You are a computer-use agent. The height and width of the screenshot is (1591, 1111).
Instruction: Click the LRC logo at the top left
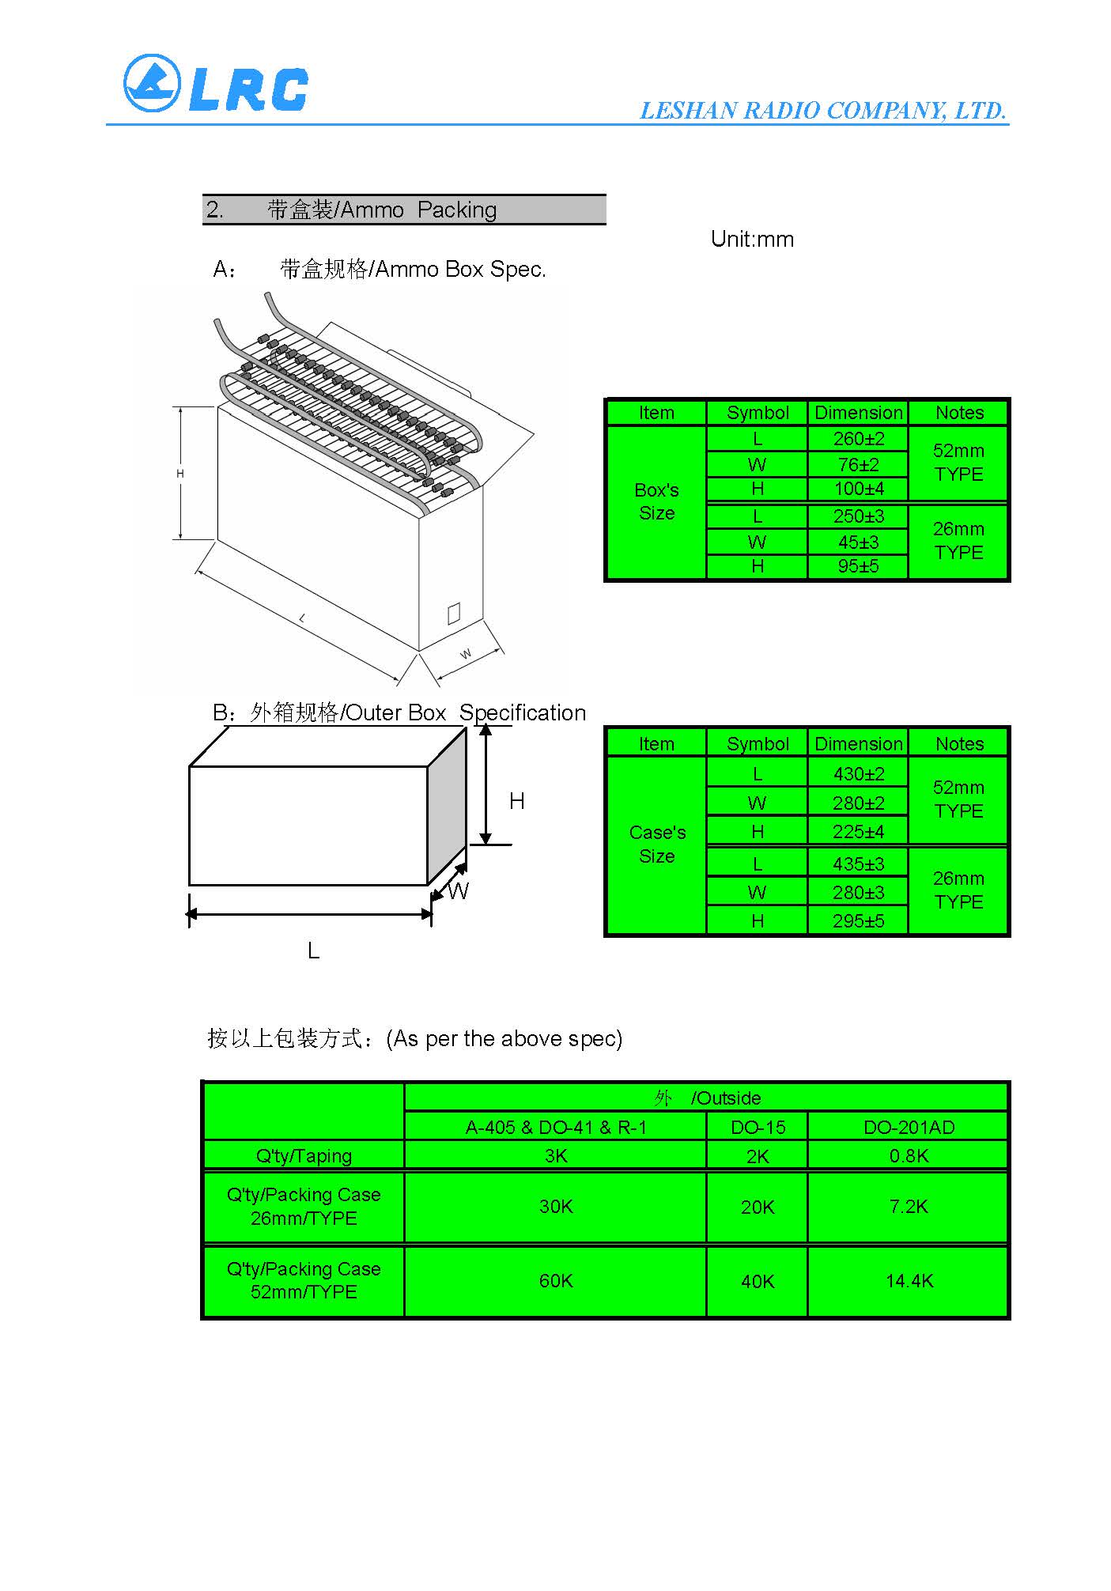(215, 84)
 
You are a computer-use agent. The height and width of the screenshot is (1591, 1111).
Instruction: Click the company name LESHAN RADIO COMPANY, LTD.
(822, 111)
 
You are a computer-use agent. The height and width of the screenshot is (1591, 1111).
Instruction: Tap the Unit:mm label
(752, 240)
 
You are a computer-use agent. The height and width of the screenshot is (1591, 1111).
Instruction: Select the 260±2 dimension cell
(858, 439)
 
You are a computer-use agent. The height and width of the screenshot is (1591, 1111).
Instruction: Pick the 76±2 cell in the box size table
(858, 464)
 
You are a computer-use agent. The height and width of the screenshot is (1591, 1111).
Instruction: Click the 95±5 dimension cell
(858, 566)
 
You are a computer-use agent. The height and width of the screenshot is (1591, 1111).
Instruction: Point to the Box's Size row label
(656, 501)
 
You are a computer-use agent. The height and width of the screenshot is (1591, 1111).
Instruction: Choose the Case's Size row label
(656, 844)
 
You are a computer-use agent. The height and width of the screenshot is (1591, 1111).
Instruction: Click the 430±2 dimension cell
(858, 774)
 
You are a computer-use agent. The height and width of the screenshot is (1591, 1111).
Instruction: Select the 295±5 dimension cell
(858, 921)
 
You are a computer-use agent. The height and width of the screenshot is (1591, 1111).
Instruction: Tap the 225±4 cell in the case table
(858, 832)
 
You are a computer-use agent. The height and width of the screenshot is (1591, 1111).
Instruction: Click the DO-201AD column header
(909, 1128)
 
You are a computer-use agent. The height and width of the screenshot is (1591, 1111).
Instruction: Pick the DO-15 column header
(758, 1128)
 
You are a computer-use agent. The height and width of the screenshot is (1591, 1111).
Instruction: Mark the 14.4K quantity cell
(909, 1281)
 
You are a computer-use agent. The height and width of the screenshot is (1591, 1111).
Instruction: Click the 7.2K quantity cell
(909, 1207)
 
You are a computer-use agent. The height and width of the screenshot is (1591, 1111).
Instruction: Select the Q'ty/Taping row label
(304, 1156)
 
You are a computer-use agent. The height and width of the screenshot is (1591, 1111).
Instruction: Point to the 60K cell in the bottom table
(555, 1281)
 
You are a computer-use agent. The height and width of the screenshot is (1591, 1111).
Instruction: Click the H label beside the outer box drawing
(516, 802)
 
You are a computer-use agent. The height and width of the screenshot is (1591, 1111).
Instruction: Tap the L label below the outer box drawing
(313, 951)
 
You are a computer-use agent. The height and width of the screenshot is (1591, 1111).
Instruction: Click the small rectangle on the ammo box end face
(454, 614)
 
